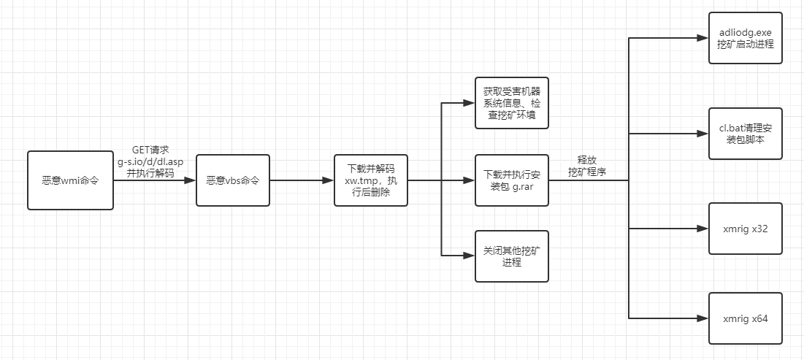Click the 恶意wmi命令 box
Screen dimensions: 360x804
[x=70, y=180]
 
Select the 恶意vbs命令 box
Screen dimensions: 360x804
[x=233, y=180]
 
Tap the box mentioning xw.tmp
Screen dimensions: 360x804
[x=370, y=180]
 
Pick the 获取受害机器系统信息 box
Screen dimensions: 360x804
[x=511, y=103]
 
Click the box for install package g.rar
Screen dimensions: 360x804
[x=511, y=180]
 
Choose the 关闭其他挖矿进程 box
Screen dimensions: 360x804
[x=511, y=256]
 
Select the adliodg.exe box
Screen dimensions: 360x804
[x=745, y=38]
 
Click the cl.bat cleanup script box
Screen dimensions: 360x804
[x=745, y=134]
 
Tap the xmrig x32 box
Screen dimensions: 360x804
[x=745, y=229]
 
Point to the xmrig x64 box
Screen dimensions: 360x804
[x=745, y=318]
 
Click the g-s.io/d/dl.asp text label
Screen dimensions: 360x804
[x=150, y=161]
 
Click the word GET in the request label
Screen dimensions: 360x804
[x=141, y=150]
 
